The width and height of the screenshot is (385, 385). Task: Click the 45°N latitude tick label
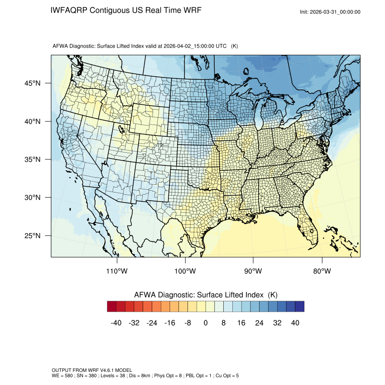(32, 83)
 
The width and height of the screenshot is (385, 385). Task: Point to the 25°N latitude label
(32, 236)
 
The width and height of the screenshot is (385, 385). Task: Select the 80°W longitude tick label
(322, 271)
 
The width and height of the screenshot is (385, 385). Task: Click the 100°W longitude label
(185, 271)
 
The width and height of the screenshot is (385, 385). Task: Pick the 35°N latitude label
(32, 159)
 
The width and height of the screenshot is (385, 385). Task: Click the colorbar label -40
(116, 322)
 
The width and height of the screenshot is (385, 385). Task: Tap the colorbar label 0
(206, 322)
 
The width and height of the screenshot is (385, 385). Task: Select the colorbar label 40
(295, 322)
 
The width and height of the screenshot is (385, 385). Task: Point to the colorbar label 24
(260, 322)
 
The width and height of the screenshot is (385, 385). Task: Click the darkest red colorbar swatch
(112, 307)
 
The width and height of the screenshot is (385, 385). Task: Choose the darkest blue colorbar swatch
(299, 307)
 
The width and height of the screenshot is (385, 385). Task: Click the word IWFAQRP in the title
(69, 10)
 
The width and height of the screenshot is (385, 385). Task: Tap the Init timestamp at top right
(330, 12)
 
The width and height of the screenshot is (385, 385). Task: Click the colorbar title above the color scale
(206, 295)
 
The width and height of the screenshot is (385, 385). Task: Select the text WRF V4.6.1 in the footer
(96, 370)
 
